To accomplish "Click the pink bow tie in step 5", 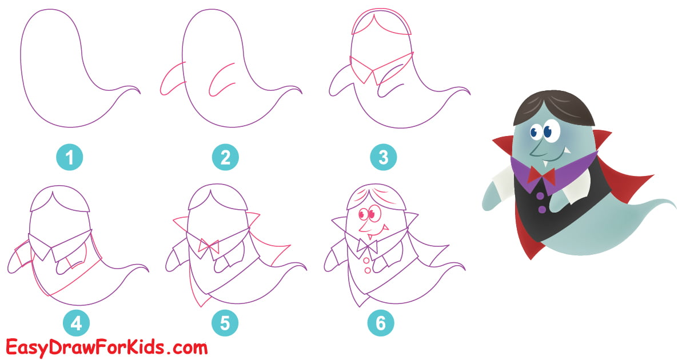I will (x=209, y=247).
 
